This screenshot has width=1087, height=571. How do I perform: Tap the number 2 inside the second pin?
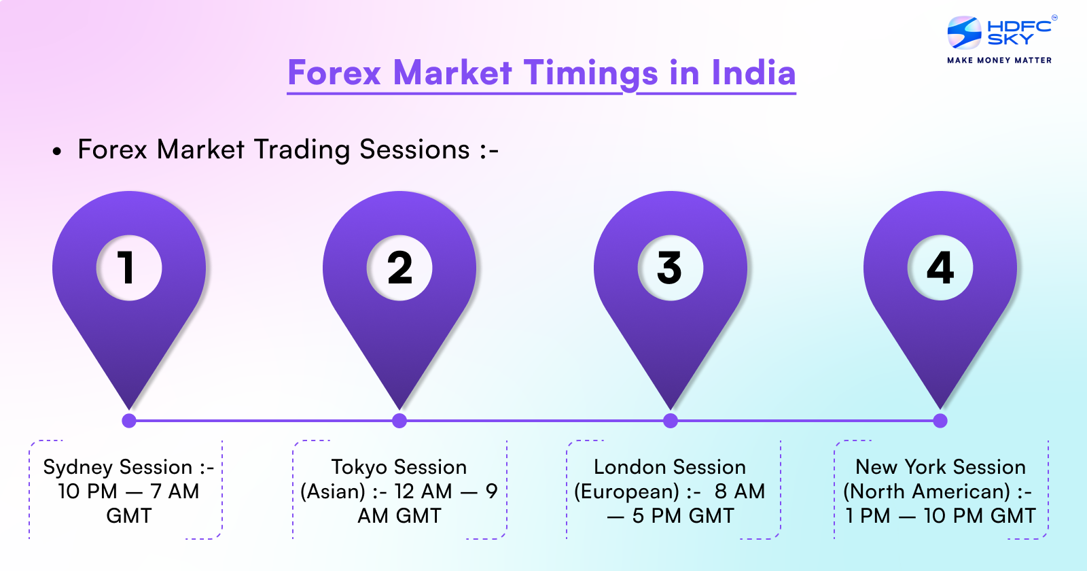tap(399, 267)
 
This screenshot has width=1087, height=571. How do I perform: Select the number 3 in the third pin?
tap(669, 267)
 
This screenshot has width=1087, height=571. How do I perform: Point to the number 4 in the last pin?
tap(940, 267)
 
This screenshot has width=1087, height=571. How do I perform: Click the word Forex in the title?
tap(334, 73)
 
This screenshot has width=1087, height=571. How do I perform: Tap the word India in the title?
tap(753, 73)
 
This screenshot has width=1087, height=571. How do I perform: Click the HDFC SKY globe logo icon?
tap(964, 33)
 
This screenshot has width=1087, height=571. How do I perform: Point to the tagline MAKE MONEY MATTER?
tap(999, 60)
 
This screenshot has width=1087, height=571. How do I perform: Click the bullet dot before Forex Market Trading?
tap(57, 152)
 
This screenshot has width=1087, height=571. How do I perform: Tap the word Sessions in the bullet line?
tap(414, 150)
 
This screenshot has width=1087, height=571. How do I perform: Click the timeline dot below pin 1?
tap(129, 421)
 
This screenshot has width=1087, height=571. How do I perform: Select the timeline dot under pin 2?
tap(399, 421)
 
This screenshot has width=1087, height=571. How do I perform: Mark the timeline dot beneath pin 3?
tap(671, 421)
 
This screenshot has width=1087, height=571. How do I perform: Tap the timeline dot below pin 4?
tap(940, 421)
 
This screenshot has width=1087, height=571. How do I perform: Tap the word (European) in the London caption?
tap(626, 491)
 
